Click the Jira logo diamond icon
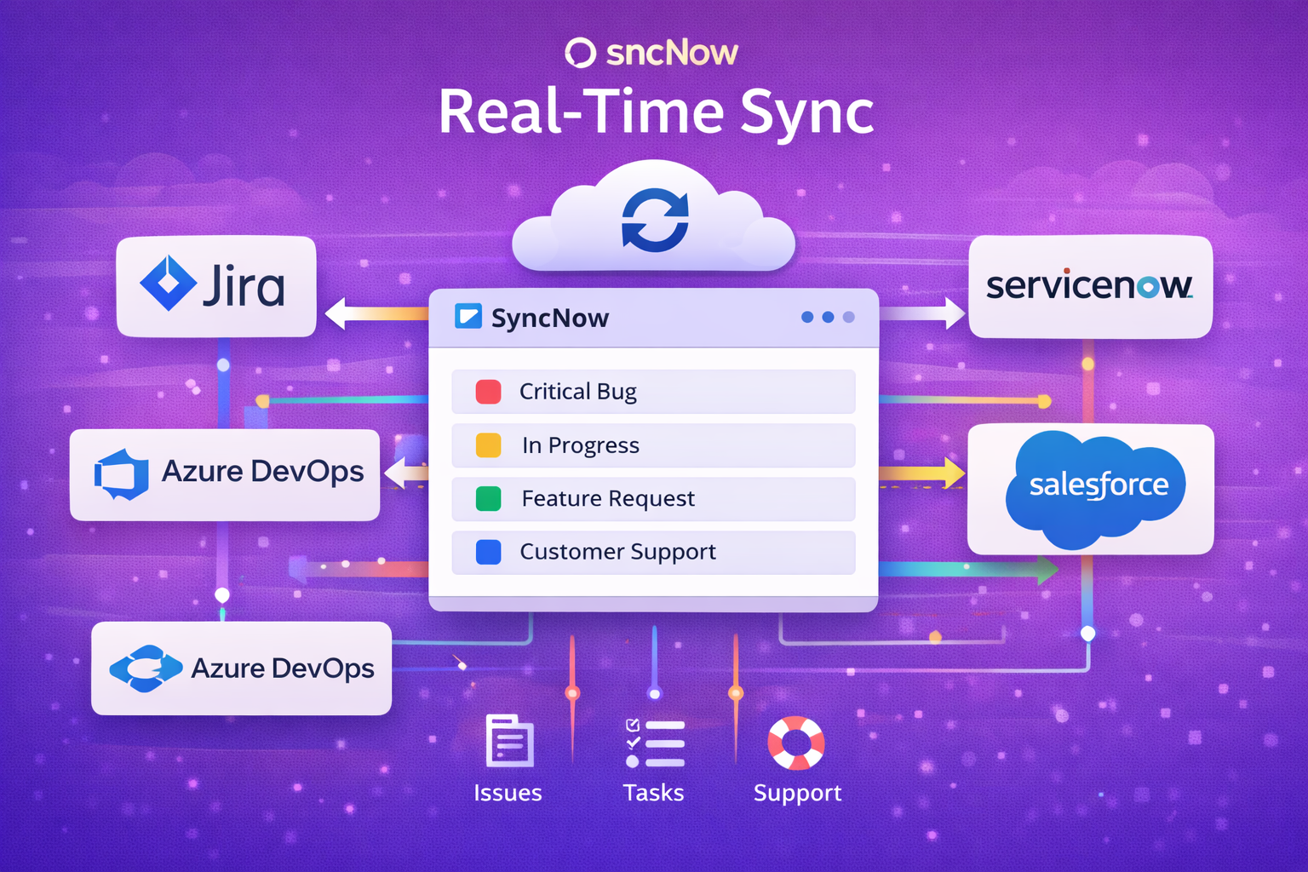click(169, 284)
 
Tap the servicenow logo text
click(1089, 286)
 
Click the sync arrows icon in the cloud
click(655, 221)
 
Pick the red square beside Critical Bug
click(488, 392)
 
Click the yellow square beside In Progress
click(488, 445)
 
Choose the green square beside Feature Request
click(488, 499)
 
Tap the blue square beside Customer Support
click(488, 553)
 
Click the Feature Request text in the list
click(608, 499)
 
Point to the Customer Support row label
click(617, 553)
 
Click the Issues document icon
click(508, 741)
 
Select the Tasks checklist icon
click(654, 743)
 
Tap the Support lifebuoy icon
click(796, 743)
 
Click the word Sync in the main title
click(806, 113)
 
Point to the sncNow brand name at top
click(671, 53)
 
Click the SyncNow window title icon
click(468, 317)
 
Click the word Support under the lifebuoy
click(797, 793)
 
